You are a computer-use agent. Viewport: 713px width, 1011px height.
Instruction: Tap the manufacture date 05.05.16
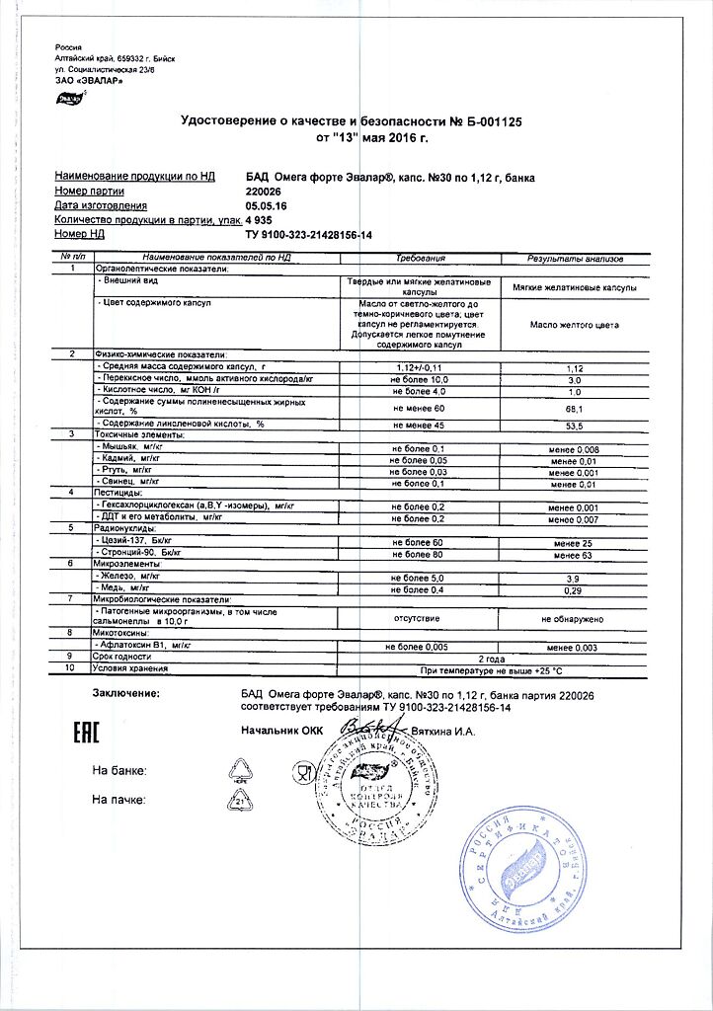(x=267, y=205)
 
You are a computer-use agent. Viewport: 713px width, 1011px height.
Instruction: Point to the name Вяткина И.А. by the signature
(x=443, y=732)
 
